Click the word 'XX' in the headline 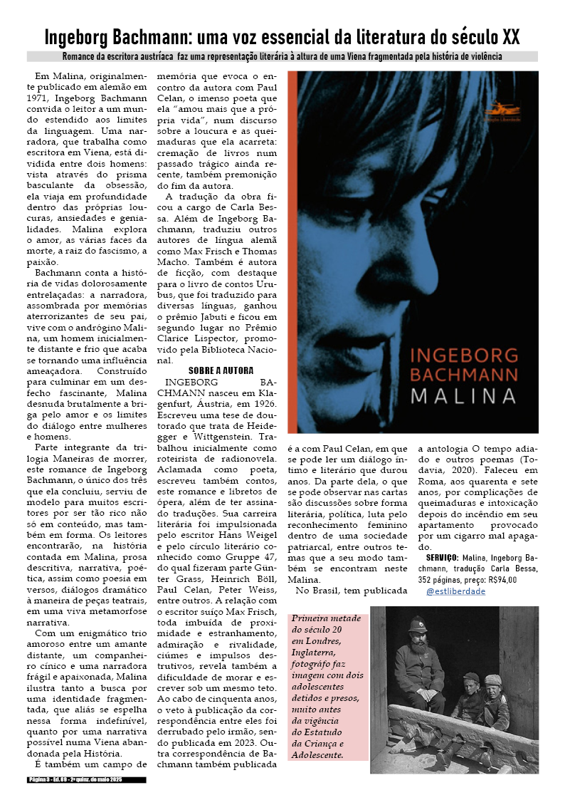508,36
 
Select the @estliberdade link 455,591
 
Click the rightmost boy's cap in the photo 492,680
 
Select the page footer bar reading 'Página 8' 87,780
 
